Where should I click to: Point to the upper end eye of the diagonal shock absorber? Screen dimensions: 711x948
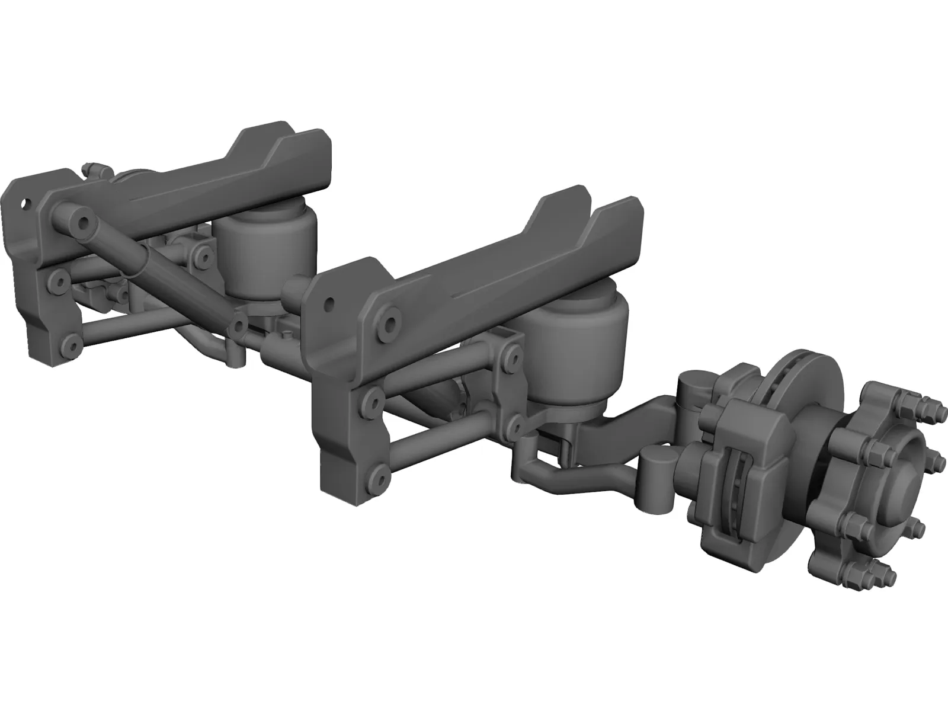click(83, 223)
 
